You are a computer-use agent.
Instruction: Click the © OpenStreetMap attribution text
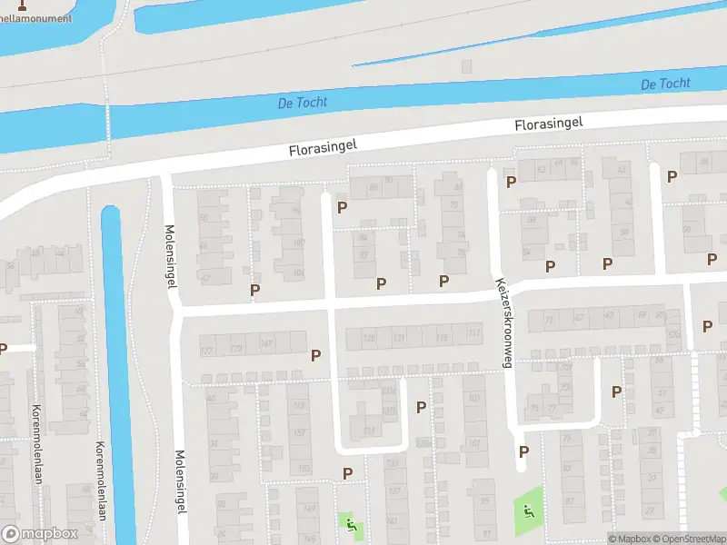[689, 539]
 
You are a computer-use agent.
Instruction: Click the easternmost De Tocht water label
[665, 84]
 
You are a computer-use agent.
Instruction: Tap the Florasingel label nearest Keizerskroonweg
[548, 124]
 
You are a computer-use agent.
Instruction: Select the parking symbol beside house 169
[316, 355]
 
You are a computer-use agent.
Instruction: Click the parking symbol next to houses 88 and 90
[342, 207]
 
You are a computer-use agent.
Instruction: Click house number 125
[368, 338]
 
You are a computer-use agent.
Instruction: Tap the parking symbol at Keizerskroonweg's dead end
[523, 451]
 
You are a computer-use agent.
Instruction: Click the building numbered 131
[369, 430]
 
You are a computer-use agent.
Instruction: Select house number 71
[548, 319]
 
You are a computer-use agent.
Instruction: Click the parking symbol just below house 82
[381, 283]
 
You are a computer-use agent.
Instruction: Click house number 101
[474, 443]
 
